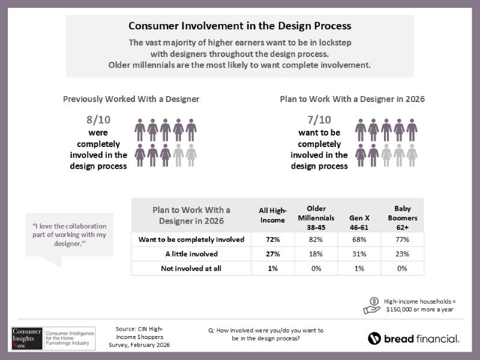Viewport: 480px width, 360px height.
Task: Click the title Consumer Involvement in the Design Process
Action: pos(239,26)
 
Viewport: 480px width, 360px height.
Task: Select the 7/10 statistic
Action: pos(319,120)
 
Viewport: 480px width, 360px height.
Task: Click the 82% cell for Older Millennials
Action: pos(312,239)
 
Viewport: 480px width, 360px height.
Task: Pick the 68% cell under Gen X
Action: pos(358,239)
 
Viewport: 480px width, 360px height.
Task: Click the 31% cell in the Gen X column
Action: pos(358,254)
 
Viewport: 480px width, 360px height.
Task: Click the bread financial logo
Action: pos(413,338)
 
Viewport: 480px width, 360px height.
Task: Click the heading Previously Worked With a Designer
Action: pos(131,98)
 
